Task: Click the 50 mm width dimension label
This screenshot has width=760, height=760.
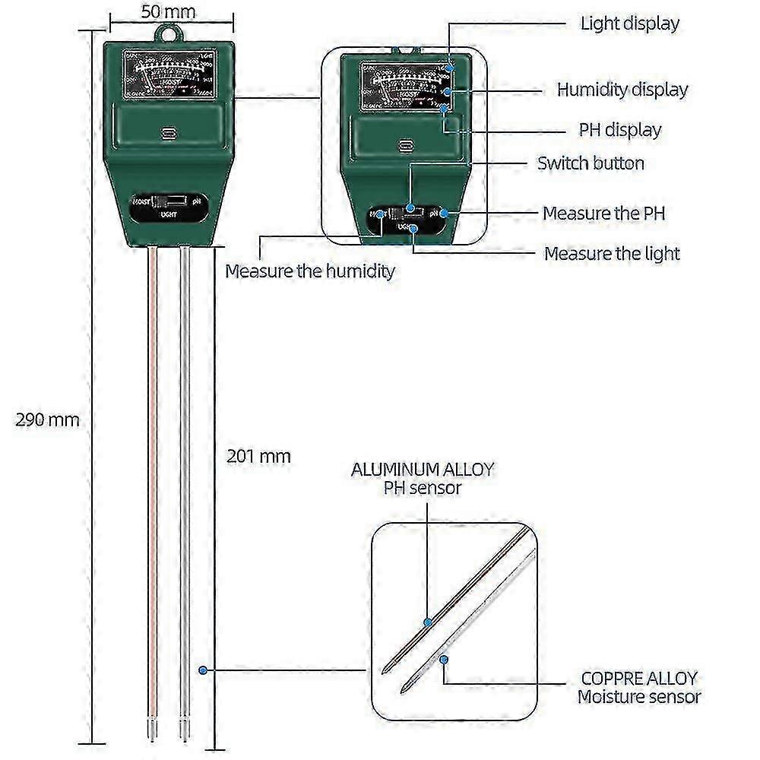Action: tap(168, 11)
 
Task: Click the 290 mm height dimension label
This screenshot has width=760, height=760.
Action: tap(47, 420)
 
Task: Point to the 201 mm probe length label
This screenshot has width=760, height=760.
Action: tap(258, 456)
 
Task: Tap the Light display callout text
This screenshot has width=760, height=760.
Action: tap(629, 23)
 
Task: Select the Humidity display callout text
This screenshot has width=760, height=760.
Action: tap(622, 90)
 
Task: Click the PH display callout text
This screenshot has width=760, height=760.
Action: tap(620, 130)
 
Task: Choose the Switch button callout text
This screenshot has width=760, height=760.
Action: tap(591, 163)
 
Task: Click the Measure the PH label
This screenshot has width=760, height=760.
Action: tap(603, 213)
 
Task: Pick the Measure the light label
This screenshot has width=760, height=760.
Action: tap(612, 253)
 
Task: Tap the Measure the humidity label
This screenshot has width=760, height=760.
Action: tap(310, 271)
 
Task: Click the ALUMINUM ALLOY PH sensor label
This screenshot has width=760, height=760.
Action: tap(423, 478)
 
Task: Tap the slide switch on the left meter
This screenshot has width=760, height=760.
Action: tap(168, 202)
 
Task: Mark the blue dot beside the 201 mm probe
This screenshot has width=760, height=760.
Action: tap(204, 670)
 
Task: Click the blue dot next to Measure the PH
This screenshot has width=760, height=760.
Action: tap(443, 214)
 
